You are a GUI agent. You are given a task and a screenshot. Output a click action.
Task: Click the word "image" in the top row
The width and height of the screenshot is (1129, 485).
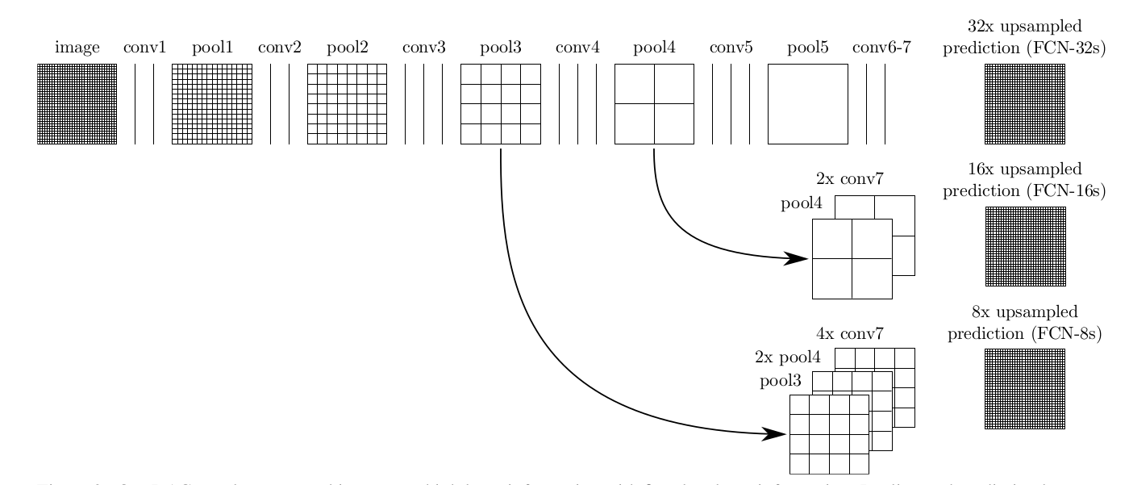[x=77, y=48]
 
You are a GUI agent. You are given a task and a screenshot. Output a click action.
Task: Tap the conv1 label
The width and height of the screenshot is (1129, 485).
[x=144, y=48]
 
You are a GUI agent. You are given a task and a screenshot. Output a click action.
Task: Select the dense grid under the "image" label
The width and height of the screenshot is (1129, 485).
[x=77, y=104]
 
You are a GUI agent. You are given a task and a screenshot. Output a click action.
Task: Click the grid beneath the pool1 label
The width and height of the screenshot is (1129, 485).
[x=212, y=104]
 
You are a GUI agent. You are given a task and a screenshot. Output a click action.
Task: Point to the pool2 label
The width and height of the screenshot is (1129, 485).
[x=347, y=48]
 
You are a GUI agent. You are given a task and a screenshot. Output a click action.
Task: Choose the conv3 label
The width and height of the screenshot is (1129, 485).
[x=423, y=48]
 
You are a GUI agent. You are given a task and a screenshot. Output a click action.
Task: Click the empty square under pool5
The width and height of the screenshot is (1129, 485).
[x=807, y=104]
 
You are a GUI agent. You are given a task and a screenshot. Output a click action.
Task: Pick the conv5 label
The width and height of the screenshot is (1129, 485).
[x=731, y=48]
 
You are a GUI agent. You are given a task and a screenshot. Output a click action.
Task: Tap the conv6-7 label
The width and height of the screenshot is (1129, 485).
[x=881, y=48]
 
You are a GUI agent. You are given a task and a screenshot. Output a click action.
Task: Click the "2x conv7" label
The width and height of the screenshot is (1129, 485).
[x=849, y=179]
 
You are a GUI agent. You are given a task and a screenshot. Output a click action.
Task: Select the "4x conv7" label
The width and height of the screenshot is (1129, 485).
[x=849, y=332]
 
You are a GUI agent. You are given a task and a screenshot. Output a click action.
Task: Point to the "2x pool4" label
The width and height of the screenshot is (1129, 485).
[x=787, y=357]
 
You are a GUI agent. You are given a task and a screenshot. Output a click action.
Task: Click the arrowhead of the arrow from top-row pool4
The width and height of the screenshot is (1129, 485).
[x=798, y=258]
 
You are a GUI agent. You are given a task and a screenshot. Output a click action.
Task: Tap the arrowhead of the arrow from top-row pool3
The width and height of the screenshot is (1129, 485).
[x=777, y=434]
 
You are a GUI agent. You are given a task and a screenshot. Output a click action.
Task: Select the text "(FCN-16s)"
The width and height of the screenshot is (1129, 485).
[x=1062, y=191]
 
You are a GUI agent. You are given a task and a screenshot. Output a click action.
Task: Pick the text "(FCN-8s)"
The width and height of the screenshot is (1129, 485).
[x=1065, y=333]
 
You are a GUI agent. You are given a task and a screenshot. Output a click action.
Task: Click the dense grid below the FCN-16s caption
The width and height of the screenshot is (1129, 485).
[x=1025, y=246]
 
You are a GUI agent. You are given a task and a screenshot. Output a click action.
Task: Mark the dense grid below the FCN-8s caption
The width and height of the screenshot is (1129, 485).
[x=1025, y=388]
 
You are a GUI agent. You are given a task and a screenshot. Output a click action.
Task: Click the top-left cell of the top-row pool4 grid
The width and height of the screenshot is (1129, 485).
[x=634, y=84]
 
